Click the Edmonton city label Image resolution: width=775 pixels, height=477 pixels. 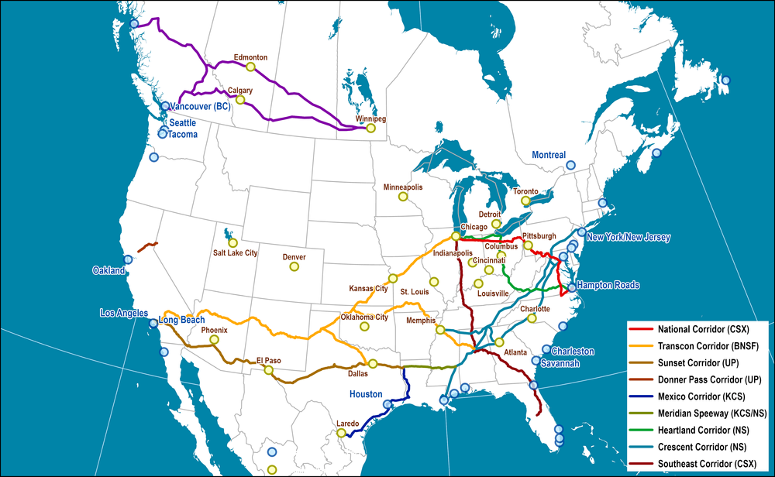pyautogui.click(x=250, y=57)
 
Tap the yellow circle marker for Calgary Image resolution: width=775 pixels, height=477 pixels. pyautogui.click(x=240, y=100)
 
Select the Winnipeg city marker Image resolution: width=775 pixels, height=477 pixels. pyautogui.click(x=371, y=129)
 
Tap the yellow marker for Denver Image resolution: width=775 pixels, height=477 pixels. pyautogui.click(x=294, y=266)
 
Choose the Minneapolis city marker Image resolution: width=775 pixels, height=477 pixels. pyautogui.click(x=403, y=197)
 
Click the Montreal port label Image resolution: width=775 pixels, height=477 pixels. pyautogui.click(x=549, y=155)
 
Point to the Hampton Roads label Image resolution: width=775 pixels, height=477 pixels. pyautogui.click(x=608, y=285)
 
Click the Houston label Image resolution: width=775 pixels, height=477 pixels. pyautogui.click(x=366, y=394)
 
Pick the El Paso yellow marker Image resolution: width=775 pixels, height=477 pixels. pyautogui.click(x=268, y=370)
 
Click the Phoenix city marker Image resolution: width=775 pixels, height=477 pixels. pyautogui.click(x=215, y=339)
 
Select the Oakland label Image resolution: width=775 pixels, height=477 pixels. pyautogui.click(x=108, y=271)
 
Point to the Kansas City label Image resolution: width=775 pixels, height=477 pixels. pyautogui.click(x=368, y=288)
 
